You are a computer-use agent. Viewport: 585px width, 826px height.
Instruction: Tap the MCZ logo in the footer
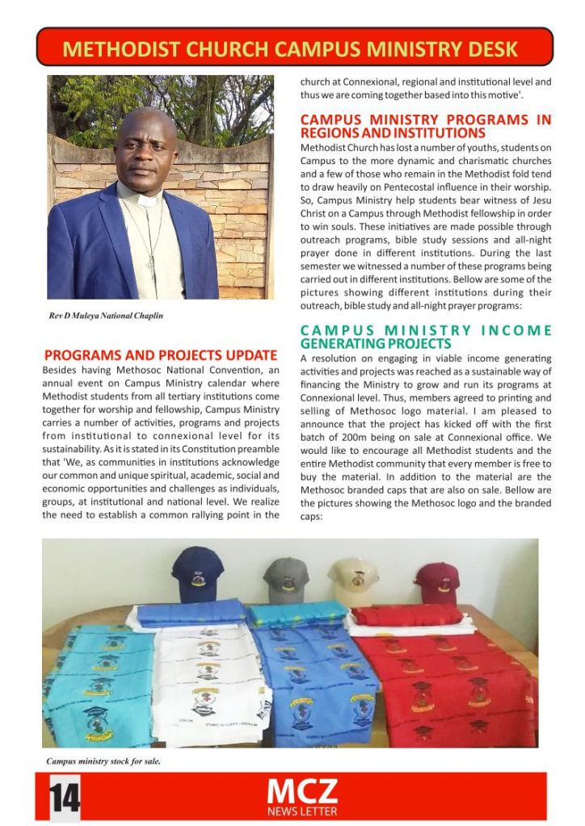tap(302, 790)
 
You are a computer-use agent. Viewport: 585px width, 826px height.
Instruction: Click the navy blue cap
tap(196, 572)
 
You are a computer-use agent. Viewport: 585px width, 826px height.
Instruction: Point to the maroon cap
tap(437, 582)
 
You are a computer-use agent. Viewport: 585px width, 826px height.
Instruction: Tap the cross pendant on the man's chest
tap(150, 264)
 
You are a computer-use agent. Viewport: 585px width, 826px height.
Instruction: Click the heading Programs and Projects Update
tap(161, 355)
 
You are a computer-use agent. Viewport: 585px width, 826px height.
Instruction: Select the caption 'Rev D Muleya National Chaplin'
tap(106, 316)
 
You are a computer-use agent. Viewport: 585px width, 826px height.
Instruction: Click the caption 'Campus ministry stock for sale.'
tap(103, 761)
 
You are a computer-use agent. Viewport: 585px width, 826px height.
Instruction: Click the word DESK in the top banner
tap(487, 49)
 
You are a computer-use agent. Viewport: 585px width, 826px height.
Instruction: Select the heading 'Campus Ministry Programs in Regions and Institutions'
tap(426, 126)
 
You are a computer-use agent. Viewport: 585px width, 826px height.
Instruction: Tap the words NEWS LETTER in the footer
tap(302, 811)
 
